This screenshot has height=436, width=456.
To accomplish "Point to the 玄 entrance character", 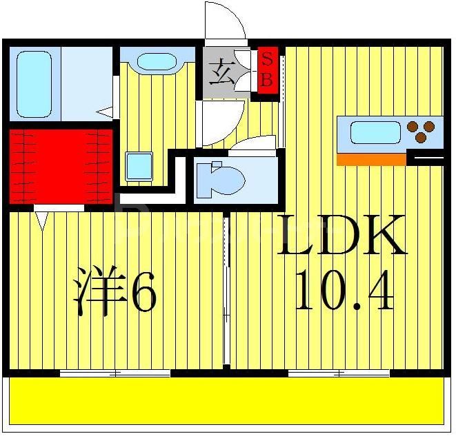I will coord(221,70).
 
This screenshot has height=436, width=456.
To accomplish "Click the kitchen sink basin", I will coord(375,132).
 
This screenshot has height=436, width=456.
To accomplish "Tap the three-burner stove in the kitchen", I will coord(420,131).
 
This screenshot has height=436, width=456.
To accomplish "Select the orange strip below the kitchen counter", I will coord(370,160).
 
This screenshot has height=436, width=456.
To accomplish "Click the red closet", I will coord(60,165).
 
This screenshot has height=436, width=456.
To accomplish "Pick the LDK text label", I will coord(342,236).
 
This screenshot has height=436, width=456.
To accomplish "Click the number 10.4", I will coord(344,290).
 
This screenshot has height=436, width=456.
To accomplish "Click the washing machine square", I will coord(138,166).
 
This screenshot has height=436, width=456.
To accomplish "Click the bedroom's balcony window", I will coord(115,373).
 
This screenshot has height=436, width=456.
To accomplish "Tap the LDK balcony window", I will coord(339,373).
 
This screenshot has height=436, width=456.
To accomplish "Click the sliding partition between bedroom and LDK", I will coord(226,289).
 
